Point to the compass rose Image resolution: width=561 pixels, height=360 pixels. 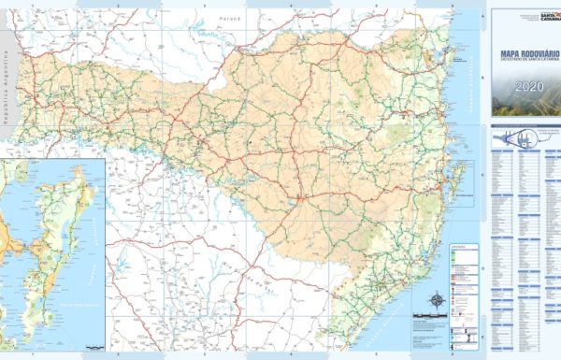pyautogui.click(x=436, y=301)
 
